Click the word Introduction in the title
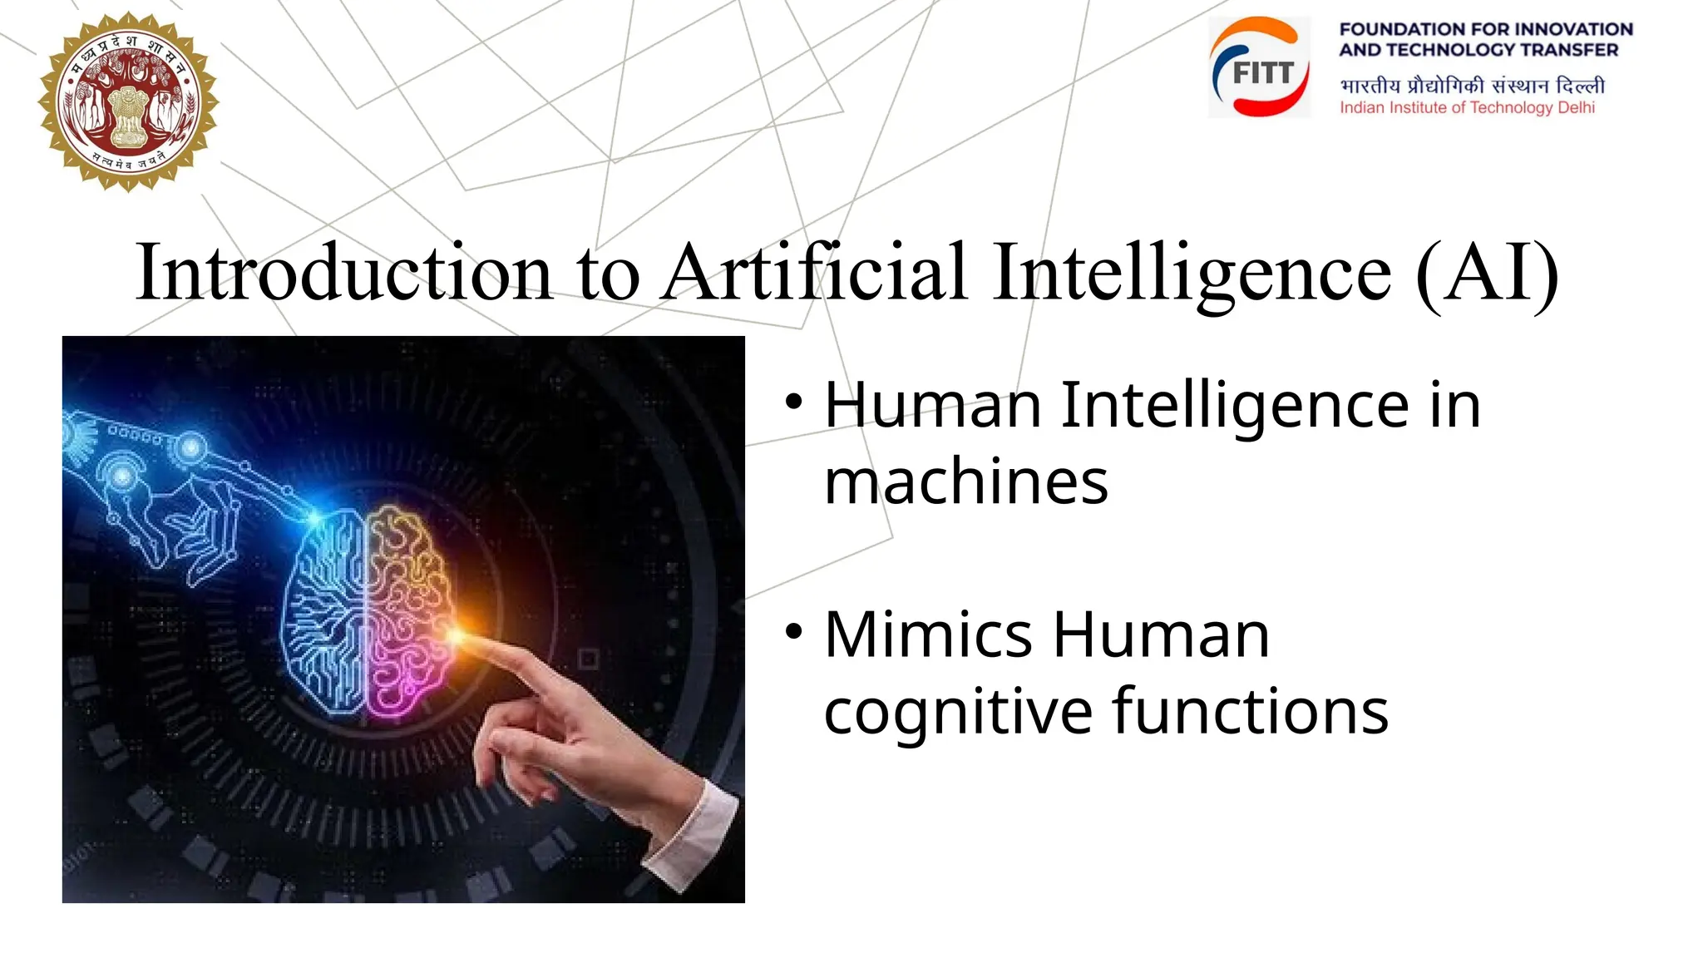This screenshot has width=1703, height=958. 343,272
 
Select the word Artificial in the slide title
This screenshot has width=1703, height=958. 815,272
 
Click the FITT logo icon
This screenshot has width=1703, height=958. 1260,67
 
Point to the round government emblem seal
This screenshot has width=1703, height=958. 128,101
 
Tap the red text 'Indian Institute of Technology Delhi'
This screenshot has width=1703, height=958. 1467,107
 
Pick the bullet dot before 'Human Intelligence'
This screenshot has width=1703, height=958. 794,402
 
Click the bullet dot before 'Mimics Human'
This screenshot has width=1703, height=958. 794,631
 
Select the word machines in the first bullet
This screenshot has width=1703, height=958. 965,481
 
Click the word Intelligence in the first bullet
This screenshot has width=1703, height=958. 1234,406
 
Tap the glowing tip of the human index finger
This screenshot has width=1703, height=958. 457,636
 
